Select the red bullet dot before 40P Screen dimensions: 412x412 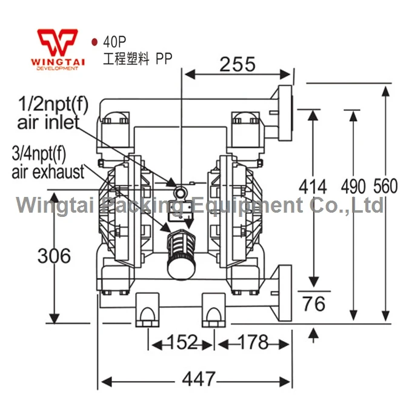click(x=95, y=42)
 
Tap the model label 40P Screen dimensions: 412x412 click(x=115, y=42)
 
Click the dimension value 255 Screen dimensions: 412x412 click(x=238, y=64)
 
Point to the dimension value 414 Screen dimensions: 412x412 click(x=313, y=187)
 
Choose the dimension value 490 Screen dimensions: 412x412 click(x=353, y=187)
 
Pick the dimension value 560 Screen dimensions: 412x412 click(x=385, y=186)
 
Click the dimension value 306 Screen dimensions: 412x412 click(x=54, y=256)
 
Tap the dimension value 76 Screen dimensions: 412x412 click(x=314, y=304)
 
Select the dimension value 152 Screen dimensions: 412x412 click(x=182, y=342)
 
